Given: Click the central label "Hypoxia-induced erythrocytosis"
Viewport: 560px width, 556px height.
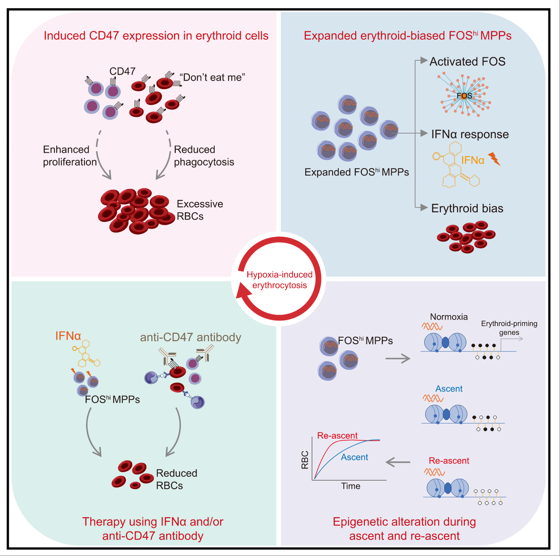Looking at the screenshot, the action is pyautogui.click(x=279, y=280).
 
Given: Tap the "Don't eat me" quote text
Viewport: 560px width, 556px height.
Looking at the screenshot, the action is pyautogui.click(x=213, y=78).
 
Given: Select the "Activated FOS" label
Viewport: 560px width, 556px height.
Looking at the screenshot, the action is pyautogui.click(x=467, y=62).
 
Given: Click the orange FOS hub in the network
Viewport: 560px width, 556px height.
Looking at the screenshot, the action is pyautogui.click(x=464, y=96).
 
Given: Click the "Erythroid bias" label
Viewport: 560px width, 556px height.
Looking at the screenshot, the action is pyautogui.click(x=467, y=208).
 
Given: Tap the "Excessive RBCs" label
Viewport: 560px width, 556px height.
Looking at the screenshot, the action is pyautogui.click(x=200, y=210).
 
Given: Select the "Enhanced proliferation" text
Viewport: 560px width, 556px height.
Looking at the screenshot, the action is pyautogui.click(x=70, y=156).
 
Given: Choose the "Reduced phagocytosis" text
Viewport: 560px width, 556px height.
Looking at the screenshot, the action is pyautogui.click(x=204, y=156).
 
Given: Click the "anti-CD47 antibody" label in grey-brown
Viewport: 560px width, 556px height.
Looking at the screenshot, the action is pyautogui.click(x=191, y=337).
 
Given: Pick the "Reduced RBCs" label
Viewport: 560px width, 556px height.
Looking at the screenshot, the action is pyautogui.click(x=177, y=479).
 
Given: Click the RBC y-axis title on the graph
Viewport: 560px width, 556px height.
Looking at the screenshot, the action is pyautogui.click(x=305, y=460).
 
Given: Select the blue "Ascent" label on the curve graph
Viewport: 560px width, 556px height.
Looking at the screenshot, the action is pyautogui.click(x=354, y=457).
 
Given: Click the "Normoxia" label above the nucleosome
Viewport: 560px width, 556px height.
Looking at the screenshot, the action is pyautogui.click(x=449, y=317).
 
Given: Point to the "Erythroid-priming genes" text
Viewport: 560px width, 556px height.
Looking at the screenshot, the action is pyautogui.click(x=509, y=328).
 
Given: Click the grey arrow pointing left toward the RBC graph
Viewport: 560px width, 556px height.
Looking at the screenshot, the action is pyautogui.click(x=398, y=462).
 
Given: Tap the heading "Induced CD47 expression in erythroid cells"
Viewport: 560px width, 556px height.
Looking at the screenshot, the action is pyautogui.click(x=156, y=36).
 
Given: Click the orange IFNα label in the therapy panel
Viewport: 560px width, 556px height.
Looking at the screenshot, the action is pyautogui.click(x=68, y=336).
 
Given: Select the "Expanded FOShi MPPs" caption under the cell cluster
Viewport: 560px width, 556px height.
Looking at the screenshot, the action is pyautogui.click(x=357, y=172).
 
